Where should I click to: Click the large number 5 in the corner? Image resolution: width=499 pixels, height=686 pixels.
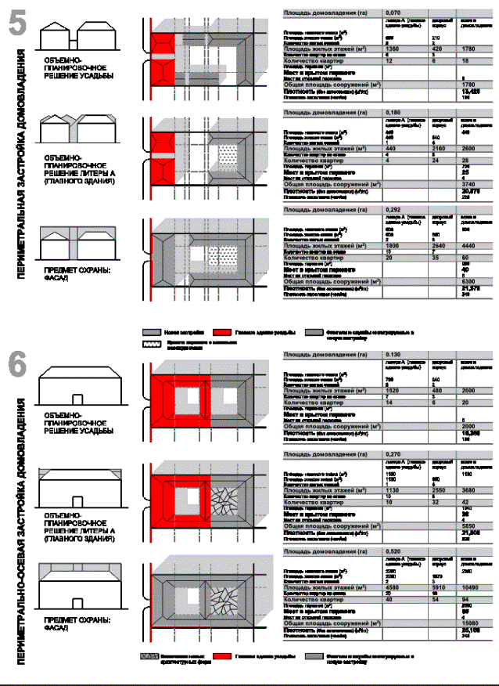(x=17, y=21)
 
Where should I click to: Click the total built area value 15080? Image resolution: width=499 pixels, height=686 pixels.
(x=472, y=623)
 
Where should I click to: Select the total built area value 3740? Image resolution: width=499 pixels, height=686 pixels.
(x=471, y=184)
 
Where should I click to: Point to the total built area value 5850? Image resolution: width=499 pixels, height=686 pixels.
(x=471, y=525)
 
